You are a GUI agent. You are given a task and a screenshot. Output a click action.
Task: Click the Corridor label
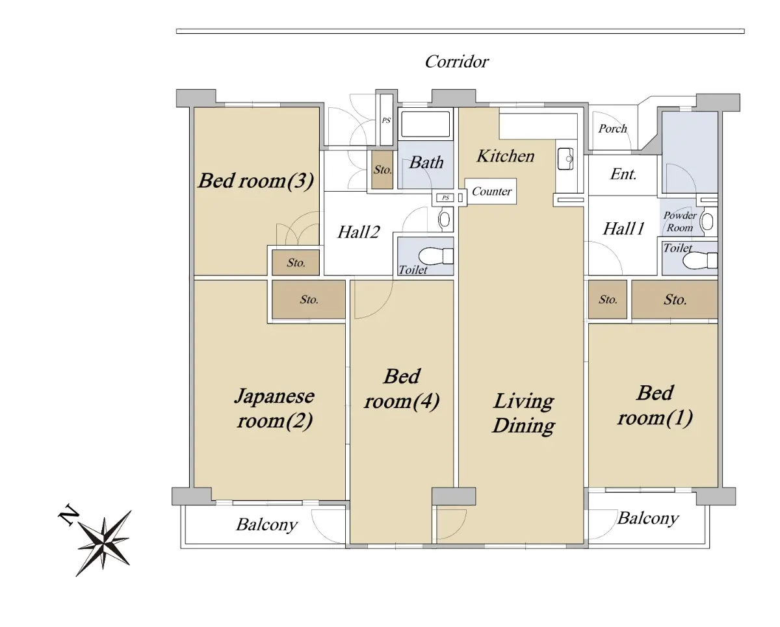[x=457, y=62]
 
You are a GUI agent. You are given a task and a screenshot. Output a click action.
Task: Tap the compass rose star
[x=104, y=543]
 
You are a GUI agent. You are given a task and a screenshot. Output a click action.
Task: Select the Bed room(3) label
[x=256, y=181]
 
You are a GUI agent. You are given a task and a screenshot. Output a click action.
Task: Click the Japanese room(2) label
[x=274, y=408]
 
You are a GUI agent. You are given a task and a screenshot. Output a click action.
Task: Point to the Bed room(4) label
[x=402, y=389]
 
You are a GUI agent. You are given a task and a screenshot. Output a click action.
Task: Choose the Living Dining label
[x=524, y=413]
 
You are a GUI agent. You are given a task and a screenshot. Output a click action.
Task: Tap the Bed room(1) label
[x=655, y=405]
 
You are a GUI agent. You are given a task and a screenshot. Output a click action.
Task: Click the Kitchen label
[x=506, y=156]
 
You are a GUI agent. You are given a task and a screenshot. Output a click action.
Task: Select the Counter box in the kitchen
[x=491, y=191]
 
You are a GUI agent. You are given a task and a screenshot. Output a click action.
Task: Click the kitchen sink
[x=565, y=159]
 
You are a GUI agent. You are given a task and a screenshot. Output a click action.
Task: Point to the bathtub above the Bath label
[x=426, y=124]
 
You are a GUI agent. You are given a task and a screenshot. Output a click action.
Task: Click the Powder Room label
[x=679, y=222]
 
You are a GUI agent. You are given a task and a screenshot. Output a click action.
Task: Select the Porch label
[x=612, y=129]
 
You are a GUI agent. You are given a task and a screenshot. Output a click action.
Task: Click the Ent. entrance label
[x=623, y=174]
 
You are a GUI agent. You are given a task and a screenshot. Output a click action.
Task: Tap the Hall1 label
[x=623, y=229]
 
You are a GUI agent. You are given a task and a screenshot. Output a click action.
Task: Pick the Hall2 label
[x=358, y=232]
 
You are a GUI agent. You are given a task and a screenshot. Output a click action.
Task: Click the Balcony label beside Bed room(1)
[x=648, y=518]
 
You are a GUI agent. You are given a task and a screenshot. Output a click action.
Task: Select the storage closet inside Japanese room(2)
[x=309, y=300]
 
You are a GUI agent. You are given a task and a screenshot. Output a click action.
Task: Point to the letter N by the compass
[x=69, y=514]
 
